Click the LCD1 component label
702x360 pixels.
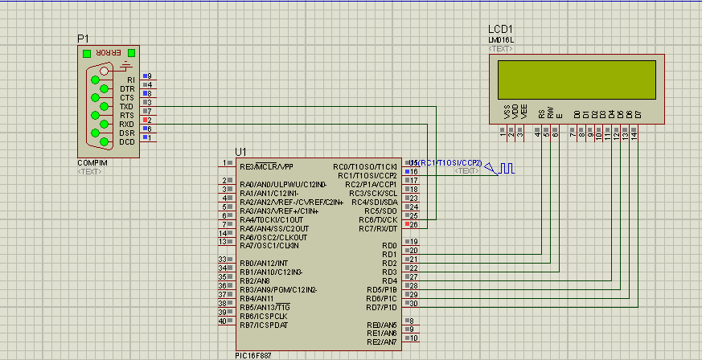coord(500,30)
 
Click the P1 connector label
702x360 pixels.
coord(83,39)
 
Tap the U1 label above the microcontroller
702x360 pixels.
coord(240,152)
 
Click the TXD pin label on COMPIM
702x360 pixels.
coord(126,106)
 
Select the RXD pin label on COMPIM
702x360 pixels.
coord(126,124)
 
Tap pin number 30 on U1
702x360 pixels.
coord(413,303)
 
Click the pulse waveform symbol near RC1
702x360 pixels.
coord(507,169)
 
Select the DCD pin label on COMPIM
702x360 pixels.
coord(126,141)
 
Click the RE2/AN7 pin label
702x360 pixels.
coord(382,342)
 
